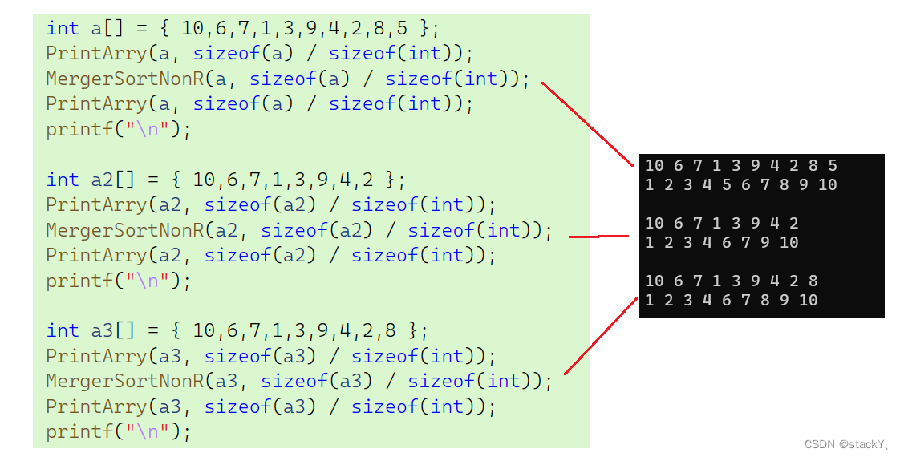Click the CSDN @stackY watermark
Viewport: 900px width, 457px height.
point(847,443)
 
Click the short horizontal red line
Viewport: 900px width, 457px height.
point(598,237)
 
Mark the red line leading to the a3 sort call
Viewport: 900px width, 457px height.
point(602,335)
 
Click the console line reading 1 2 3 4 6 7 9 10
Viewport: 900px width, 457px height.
point(721,242)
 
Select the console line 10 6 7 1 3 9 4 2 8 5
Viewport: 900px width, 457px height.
point(740,166)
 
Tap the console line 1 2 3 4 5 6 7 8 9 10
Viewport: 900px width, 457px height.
point(740,184)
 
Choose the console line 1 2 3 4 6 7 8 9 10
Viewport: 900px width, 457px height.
point(731,300)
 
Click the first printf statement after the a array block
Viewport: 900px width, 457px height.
point(118,129)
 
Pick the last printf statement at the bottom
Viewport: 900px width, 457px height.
point(118,431)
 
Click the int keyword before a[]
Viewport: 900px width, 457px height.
point(63,28)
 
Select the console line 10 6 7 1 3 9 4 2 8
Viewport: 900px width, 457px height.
point(731,281)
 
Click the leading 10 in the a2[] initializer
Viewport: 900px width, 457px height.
point(204,180)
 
